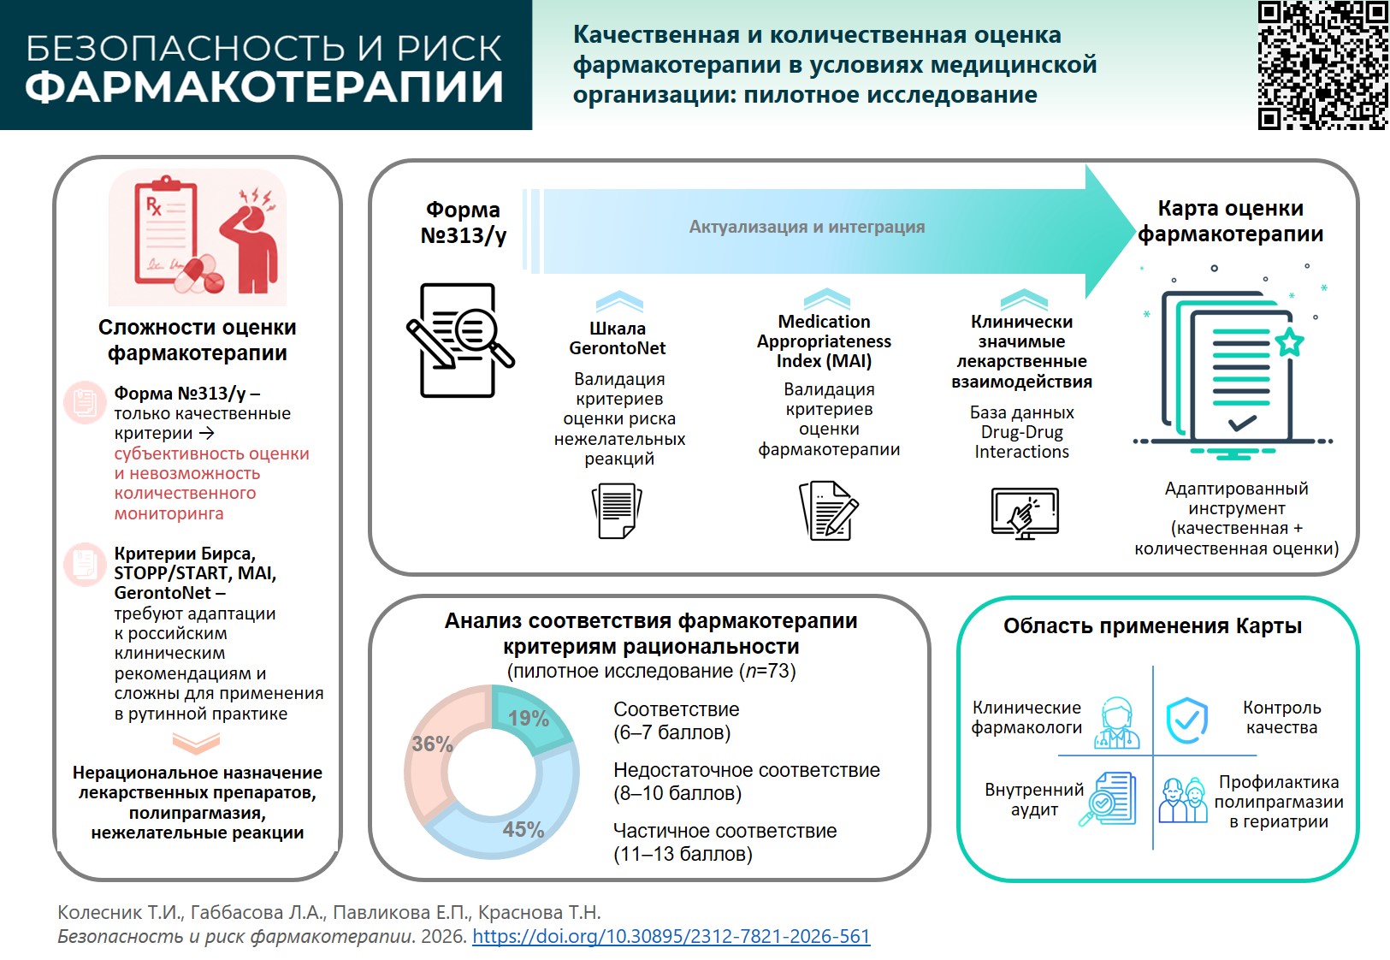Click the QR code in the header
point(1322,65)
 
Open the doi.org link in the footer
point(671,936)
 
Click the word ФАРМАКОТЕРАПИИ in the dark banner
point(264,86)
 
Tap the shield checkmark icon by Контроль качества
point(1187,720)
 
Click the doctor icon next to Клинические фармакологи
point(1116,722)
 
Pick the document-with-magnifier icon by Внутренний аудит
point(1108,798)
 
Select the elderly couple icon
point(1183,801)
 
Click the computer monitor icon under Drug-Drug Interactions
point(1025,513)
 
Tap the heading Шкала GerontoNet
point(618,338)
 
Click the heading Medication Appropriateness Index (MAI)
point(824,341)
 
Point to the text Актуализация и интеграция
point(807,227)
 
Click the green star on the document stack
point(1289,342)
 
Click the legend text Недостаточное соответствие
point(747,770)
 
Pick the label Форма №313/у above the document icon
point(463,222)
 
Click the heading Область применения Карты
point(1152,625)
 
